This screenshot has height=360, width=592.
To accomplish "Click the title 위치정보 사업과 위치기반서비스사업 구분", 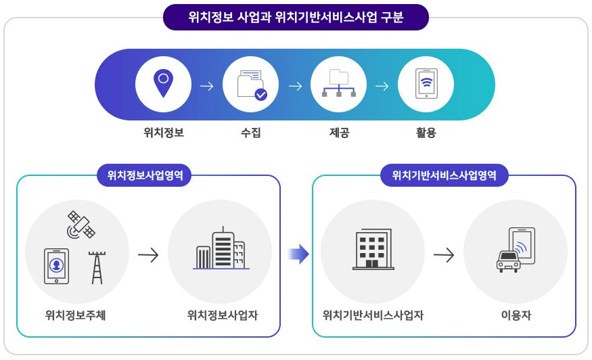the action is (x=296, y=17).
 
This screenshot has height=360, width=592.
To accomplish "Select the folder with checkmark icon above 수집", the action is (x=251, y=85).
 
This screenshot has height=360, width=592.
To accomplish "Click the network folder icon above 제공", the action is (x=338, y=85).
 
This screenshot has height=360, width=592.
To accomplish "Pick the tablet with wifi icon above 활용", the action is (x=426, y=85).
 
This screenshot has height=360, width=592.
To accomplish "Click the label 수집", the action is (x=250, y=133).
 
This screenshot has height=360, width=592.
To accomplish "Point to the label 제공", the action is (x=338, y=133).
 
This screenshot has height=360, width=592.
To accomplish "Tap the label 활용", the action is (x=426, y=133).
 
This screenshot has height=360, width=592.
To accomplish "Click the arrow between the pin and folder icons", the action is (x=207, y=86).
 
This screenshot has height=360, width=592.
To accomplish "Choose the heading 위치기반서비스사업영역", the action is (x=444, y=176).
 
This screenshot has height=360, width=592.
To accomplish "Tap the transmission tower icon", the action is (x=97, y=267).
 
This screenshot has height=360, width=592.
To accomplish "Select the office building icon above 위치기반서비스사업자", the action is (x=373, y=250).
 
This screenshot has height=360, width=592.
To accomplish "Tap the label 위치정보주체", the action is (x=75, y=315).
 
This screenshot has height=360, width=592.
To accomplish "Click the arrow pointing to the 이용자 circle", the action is (x=444, y=255).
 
